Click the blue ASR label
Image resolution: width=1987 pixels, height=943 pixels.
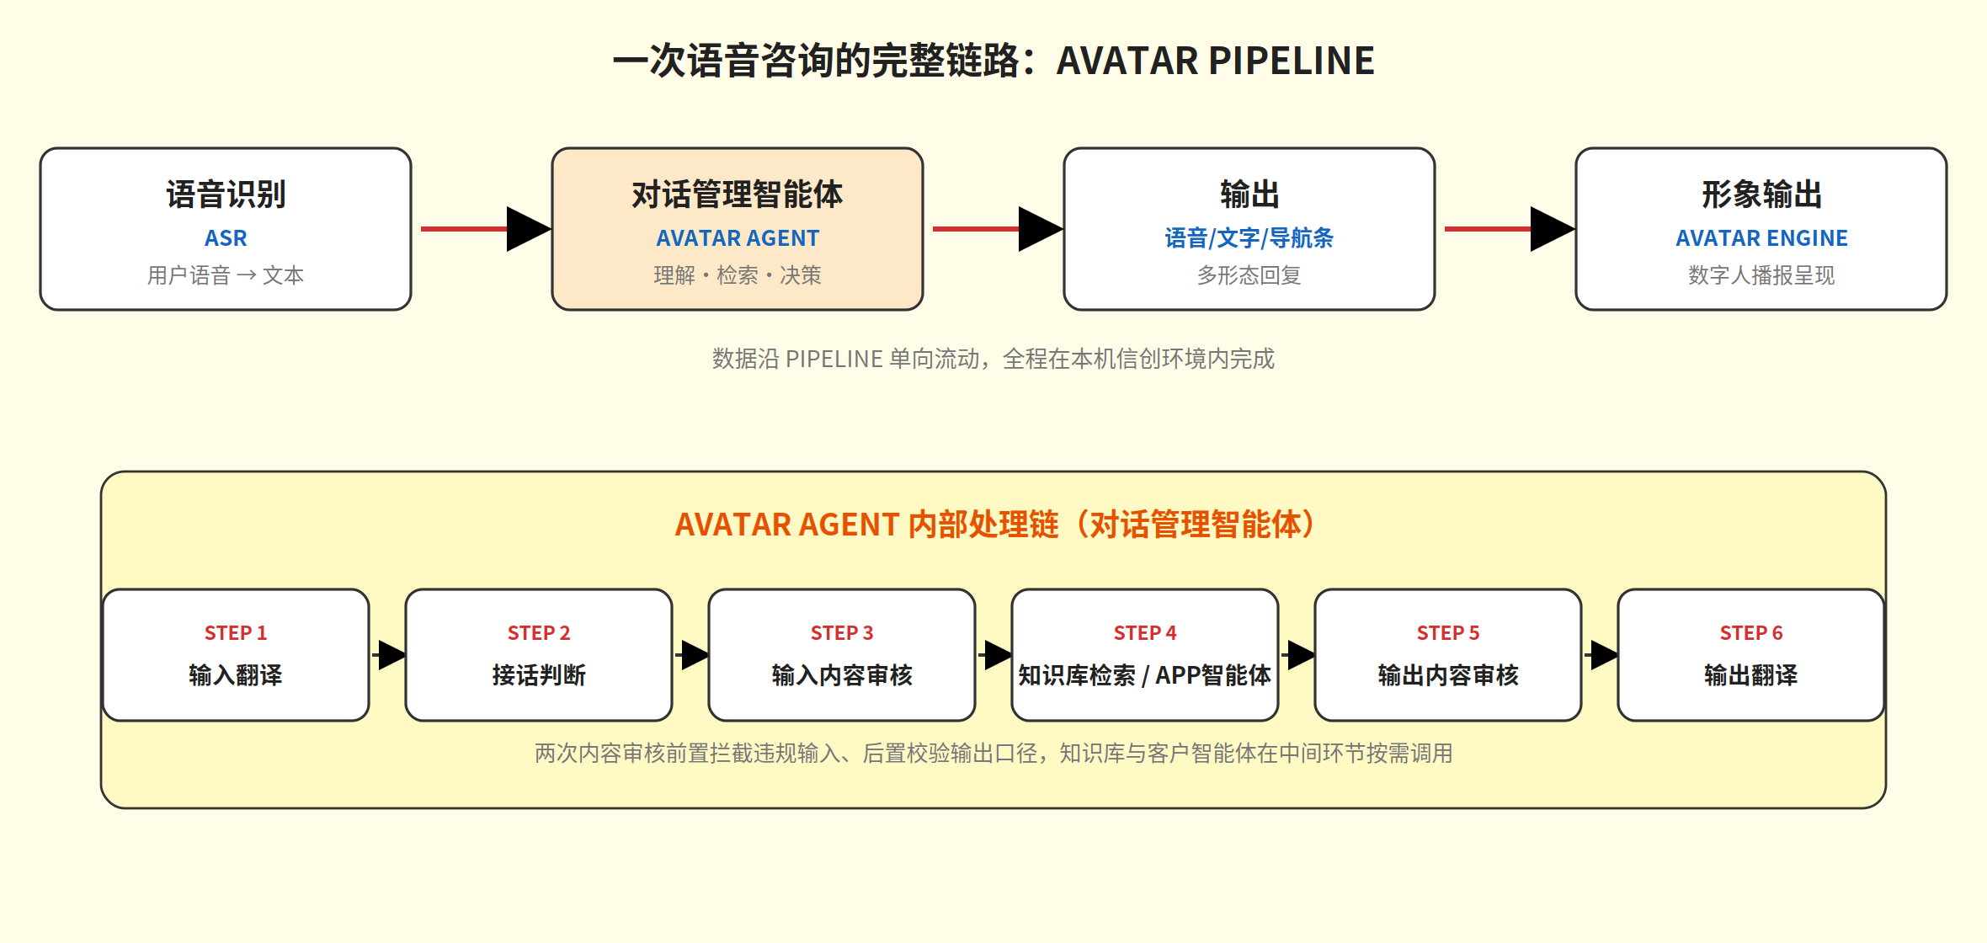point(226,238)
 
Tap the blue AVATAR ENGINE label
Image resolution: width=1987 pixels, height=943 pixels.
point(1761,238)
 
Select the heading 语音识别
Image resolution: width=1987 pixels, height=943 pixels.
point(226,194)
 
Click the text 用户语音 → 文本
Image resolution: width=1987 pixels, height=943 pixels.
point(226,275)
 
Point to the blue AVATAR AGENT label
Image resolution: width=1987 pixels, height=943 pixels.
point(738,238)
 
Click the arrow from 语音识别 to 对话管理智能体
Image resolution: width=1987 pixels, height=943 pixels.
point(486,228)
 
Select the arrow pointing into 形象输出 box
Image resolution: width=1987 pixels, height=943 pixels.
point(1510,228)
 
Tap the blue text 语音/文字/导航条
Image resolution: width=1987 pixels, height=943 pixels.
point(1249,238)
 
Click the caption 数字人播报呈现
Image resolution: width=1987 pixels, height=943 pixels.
point(1761,275)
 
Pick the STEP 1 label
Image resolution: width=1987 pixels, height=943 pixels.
point(236,633)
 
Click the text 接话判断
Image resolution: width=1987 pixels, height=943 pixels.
point(539,675)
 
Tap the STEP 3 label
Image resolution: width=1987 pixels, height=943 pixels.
point(842,633)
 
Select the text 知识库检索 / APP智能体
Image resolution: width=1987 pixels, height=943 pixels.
point(1145,675)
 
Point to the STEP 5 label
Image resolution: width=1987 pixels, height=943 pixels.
point(1448,633)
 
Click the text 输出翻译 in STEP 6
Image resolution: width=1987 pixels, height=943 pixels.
point(1751,675)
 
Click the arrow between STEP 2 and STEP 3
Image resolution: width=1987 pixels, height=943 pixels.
point(691,654)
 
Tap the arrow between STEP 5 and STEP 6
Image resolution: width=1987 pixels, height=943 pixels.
point(1601,654)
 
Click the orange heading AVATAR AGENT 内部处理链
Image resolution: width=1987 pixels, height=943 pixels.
point(866,525)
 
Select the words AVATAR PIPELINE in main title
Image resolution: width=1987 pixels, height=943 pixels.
point(1215,61)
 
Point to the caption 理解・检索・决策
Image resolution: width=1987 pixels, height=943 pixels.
point(738,275)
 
